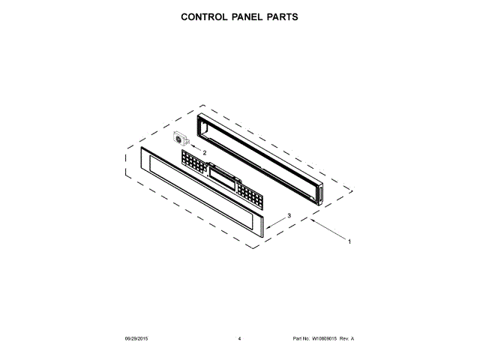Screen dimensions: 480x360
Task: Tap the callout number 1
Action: pos(349,241)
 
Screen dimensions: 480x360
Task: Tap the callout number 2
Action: pos(204,152)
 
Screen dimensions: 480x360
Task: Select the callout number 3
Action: pos(289,214)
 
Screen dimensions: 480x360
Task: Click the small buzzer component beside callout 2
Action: pos(181,139)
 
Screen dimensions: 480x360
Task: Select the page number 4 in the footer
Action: pos(239,338)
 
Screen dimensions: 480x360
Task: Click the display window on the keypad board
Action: pos(223,177)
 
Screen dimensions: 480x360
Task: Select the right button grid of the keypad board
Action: pos(252,194)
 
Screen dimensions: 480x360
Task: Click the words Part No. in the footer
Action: pos(300,338)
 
